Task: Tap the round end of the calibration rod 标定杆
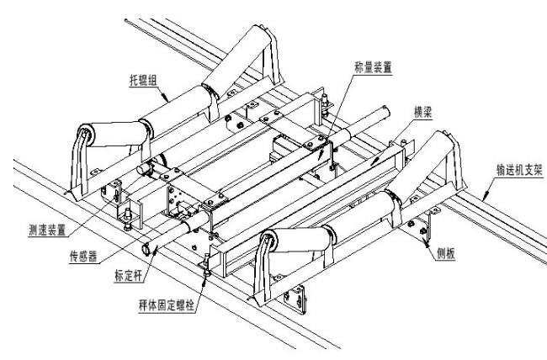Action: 148,246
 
